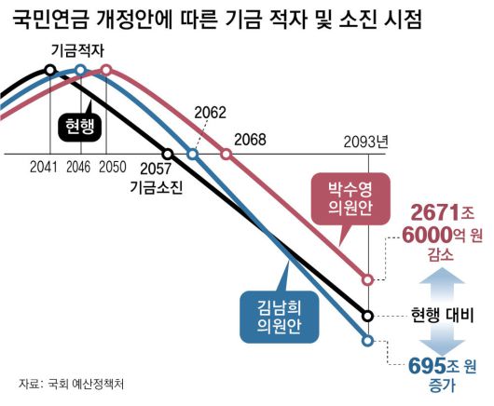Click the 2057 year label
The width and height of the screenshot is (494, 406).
point(155,169)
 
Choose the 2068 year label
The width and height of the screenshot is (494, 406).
point(250,140)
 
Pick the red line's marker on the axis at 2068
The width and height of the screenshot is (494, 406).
point(225,154)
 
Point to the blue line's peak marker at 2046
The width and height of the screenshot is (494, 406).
point(81,71)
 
